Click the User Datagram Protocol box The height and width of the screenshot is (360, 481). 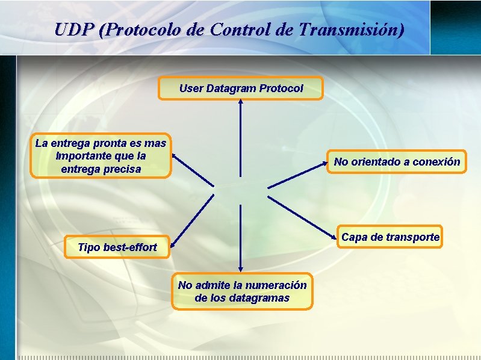tap(240, 88)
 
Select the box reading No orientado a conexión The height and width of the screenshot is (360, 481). tap(396, 161)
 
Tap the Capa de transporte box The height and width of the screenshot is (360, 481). tap(390, 237)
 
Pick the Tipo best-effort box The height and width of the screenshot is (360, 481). tap(117, 247)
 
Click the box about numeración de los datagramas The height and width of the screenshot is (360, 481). tap(242, 291)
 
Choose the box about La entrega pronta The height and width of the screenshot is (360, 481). tap(101, 156)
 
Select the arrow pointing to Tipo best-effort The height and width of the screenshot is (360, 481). tap(191, 220)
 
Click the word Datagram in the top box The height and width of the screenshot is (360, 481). tap(232, 88)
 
